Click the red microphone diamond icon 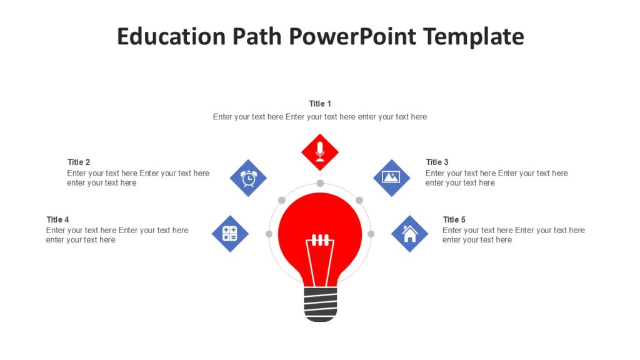pyautogui.click(x=320, y=152)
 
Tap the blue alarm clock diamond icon pyautogui.click(x=248, y=178)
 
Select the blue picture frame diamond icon pyautogui.click(x=391, y=177)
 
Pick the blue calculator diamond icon pyautogui.click(x=230, y=234)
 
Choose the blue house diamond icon pyautogui.click(x=409, y=234)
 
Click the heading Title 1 pyautogui.click(x=320, y=104)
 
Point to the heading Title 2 pyautogui.click(x=79, y=162)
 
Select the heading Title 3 pyautogui.click(x=437, y=162)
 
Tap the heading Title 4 pyautogui.click(x=57, y=219)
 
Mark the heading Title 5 pyautogui.click(x=454, y=219)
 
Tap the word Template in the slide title pyautogui.click(x=474, y=36)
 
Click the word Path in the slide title pyautogui.click(x=257, y=36)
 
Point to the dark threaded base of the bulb pyautogui.click(x=320, y=304)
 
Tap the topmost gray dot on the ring pyautogui.click(x=320, y=183)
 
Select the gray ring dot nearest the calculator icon pyautogui.click(x=269, y=234)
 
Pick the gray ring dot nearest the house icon pyautogui.click(x=371, y=234)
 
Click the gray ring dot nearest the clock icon pyautogui.click(x=282, y=200)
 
